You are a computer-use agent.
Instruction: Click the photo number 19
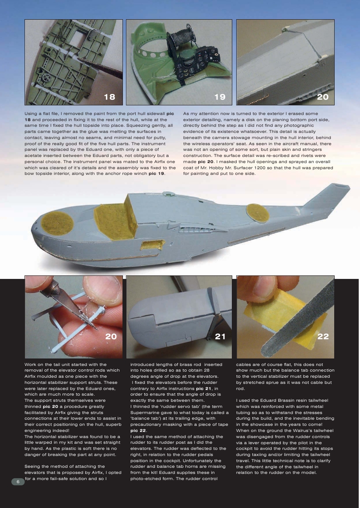point(220,97)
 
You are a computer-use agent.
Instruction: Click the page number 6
point(18,481)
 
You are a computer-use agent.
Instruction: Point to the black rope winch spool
point(180,37)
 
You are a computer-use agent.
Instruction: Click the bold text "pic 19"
point(157,174)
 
